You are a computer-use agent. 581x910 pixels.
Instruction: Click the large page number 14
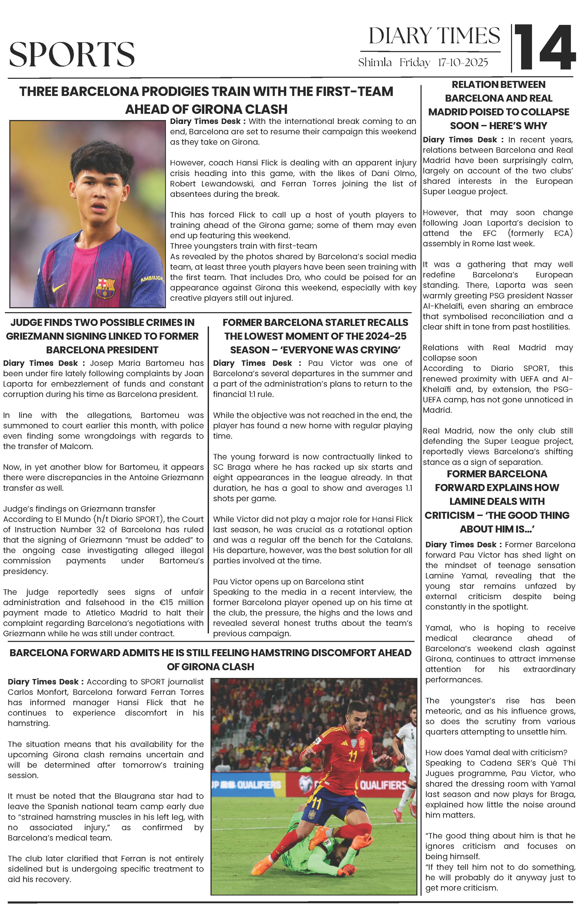click(544, 48)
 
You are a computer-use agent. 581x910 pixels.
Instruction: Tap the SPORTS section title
click(72, 54)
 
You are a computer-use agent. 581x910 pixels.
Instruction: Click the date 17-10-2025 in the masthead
click(463, 62)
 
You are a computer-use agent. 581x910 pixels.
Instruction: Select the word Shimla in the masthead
click(375, 62)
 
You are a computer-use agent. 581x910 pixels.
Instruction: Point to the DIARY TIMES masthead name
click(434, 36)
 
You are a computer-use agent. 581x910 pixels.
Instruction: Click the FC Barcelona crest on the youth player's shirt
click(106, 288)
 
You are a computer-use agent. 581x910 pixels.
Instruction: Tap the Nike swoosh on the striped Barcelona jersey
click(59, 287)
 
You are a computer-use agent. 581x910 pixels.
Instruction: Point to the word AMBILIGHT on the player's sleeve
click(152, 279)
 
